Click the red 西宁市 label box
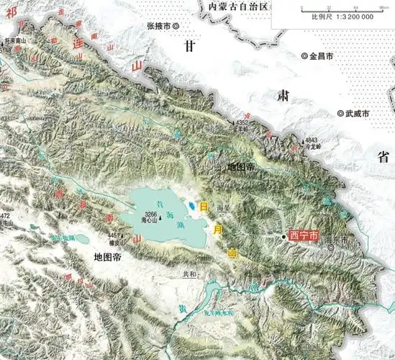tap(303, 235)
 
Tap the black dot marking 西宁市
tap(283, 235)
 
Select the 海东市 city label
tap(336, 240)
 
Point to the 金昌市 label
tap(322, 55)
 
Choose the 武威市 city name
tap(357, 114)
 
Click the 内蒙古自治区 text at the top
tap(237, 6)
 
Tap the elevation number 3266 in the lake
tap(150, 215)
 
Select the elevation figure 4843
tap(311, 139)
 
